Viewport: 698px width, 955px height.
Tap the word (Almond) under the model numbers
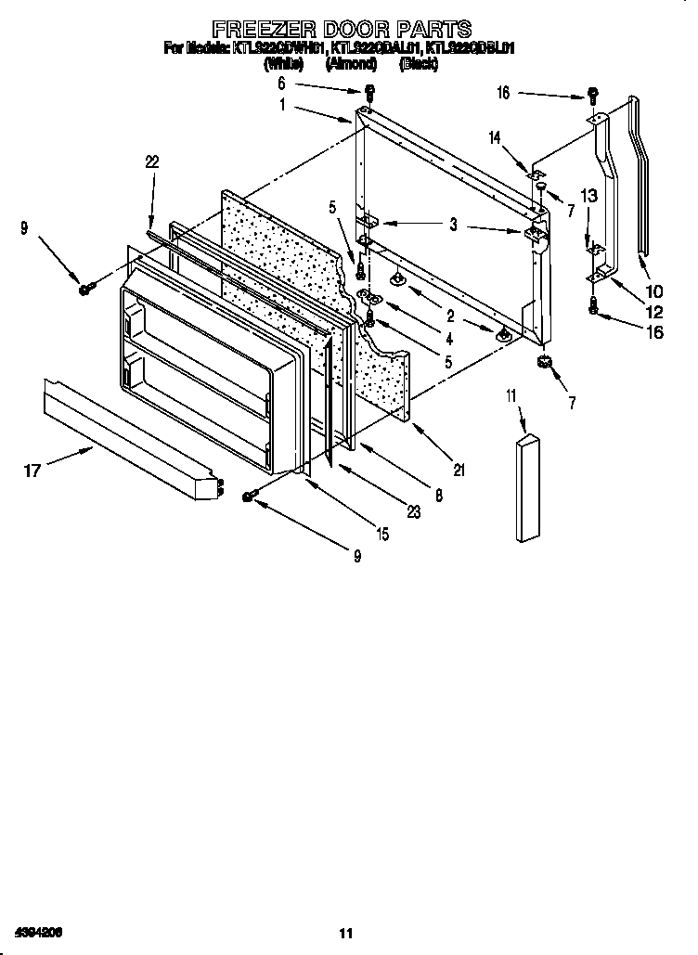click(x=351, y=64)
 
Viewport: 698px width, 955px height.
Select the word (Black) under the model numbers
click(x=418, y=64)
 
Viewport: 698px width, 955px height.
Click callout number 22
click(x=152, y=161)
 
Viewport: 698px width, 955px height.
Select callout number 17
click(x=32, y=471)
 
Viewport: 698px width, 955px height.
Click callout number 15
click(x=382, y=534)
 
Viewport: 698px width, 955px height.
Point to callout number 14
click(x=495, y=137)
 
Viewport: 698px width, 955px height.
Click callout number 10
click(x=653, y=290)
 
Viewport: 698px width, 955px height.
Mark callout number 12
click(x=653, y=312)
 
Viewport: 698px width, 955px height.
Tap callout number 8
click(x=438, y=496)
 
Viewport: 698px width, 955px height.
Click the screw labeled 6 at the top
click(x=369, y=92)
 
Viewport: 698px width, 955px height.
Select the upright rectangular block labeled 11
click(x=525, y=487)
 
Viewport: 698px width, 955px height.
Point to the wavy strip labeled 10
click(x=640, y=176)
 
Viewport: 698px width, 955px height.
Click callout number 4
click(x=448, y=340)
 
